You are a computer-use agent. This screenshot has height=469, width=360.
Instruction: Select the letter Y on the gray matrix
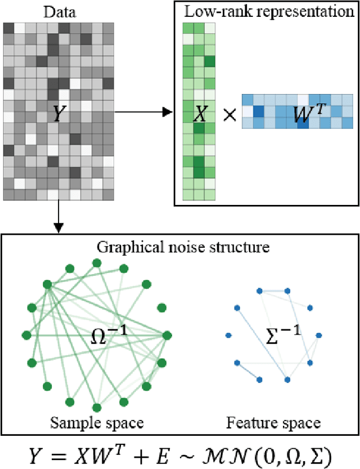[58, 115]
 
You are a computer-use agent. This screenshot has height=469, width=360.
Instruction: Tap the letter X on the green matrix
[200, 115]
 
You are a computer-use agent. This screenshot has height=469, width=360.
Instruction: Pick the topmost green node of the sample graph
[97, 263]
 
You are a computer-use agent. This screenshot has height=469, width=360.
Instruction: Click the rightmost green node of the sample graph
[166, 335]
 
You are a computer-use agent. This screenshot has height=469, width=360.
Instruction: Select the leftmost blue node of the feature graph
[228, 336]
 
